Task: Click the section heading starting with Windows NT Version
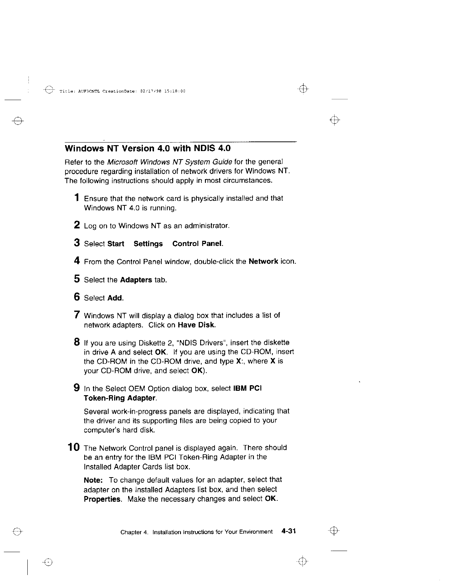point(147,148)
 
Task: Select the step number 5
point(77,279)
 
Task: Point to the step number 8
point(77,342)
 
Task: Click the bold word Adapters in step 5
point(136,280)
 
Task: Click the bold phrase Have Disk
point(196,325)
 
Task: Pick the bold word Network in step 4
point(263,261)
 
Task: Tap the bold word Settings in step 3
point(148,244)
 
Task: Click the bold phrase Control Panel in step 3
point(198,244)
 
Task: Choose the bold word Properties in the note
point(102,499)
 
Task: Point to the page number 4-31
point(288,531)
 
